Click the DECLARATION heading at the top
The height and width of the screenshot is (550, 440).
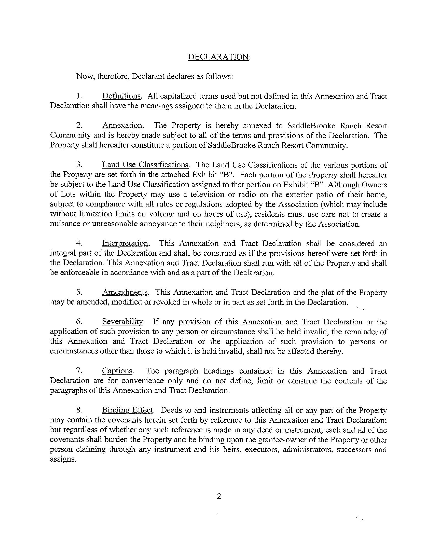(x=218, y=57)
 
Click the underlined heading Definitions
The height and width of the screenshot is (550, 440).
(x=121, y=96)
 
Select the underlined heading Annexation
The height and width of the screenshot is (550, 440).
(x=122, y=126)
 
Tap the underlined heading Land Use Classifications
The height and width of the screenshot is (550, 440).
(x=145, y=165)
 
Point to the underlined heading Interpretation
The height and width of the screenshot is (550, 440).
(x=125, y=243)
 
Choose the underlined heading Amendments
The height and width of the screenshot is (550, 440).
(x=125, y=292)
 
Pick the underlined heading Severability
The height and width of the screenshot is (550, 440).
(x=123, y=322)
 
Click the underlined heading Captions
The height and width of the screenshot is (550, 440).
(x=117, y=371)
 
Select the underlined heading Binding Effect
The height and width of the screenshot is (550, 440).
(x=127, y=410)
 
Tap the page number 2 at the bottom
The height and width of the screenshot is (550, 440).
(x=219, y=496)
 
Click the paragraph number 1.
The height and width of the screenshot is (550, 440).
(x=79, y=97)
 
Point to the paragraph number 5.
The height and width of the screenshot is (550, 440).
(x=79, y=292)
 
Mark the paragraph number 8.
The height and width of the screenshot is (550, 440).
(x=79, y=410)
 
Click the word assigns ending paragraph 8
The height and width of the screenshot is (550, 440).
(x=63, y=459)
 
